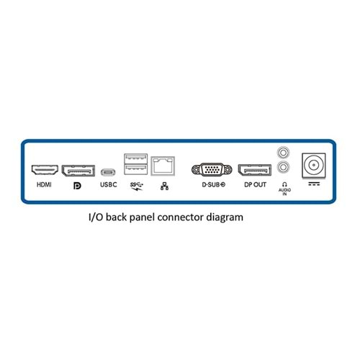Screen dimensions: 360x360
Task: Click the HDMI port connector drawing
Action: [x=45, y=170]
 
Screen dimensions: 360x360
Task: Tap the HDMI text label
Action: [x=44, y=184]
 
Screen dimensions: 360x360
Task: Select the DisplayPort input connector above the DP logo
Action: [x=78, y=171]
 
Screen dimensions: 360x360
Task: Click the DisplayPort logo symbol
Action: [x=77, y=186]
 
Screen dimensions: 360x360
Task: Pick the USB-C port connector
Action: [x=108, y=172]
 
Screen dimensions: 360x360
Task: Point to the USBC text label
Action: [x=109, y=184]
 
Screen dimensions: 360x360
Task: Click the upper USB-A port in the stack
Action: [x=135, y=158]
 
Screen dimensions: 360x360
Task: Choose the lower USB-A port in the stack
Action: [x=135, y=169]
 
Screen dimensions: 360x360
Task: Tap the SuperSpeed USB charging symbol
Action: [x=137, y=186]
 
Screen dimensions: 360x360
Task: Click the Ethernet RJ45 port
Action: [x=163, y=166]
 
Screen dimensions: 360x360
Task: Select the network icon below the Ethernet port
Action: [x=164, y=186]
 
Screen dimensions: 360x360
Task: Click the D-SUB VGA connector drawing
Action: [x=212, y=170]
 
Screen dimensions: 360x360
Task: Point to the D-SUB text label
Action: [x=213, y=184]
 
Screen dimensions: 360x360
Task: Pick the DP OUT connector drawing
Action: [x=255, y=170]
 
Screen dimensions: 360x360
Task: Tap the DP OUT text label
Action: [x=255, y=184]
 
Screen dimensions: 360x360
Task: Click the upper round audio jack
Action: [x=283, y=153]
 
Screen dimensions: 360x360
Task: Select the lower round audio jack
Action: [x=283, y=167]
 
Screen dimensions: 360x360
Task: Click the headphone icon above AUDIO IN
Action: [x=284, y=184]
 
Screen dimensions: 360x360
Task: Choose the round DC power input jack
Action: [x=314, y=165]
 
